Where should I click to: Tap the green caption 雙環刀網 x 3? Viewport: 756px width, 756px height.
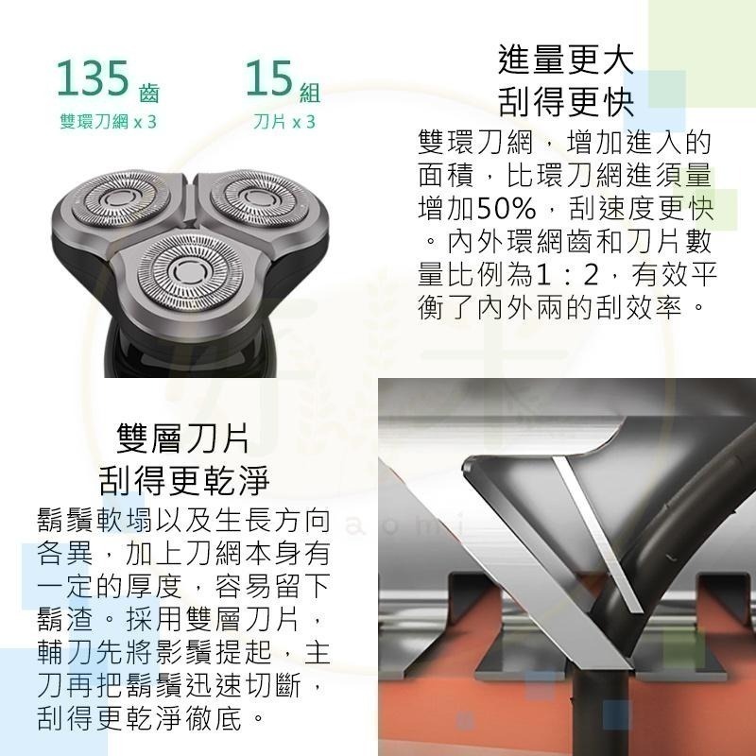(107, 123)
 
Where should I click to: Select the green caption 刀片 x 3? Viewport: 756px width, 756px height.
(284, 123)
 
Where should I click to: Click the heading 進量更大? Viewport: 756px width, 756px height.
(565, 60)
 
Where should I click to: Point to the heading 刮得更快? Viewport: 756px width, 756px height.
(565, 99)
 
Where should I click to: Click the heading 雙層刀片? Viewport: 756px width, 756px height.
(183, 439)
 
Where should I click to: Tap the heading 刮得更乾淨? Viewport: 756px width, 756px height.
(183, 480)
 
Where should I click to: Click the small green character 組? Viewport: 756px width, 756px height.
(309, 93)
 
